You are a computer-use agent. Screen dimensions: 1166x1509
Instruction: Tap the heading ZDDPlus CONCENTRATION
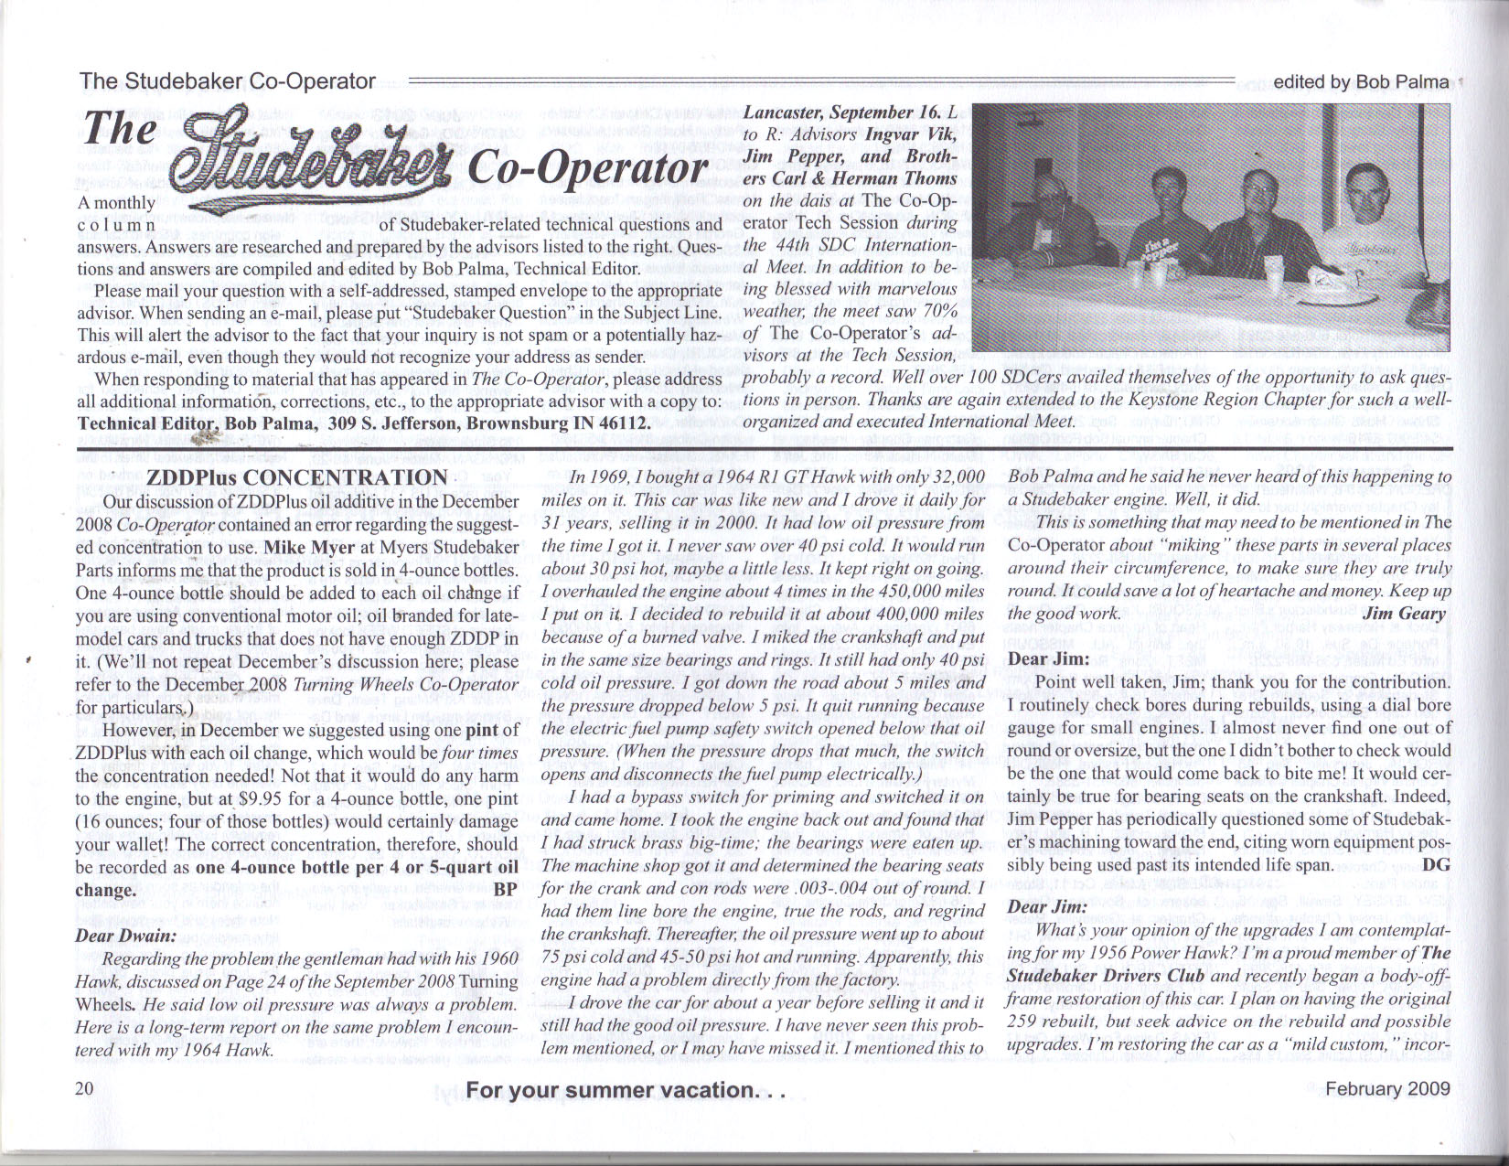(296, 477)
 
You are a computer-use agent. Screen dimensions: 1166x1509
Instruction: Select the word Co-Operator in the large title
(587, 170)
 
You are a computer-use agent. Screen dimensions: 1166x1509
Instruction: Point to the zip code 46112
(625, 423)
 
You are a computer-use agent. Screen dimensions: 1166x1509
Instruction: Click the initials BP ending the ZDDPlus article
(505, 889)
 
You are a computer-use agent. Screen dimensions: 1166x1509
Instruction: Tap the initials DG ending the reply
(1438, 862)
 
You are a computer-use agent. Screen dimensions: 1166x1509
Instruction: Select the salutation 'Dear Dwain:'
(125, 935)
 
